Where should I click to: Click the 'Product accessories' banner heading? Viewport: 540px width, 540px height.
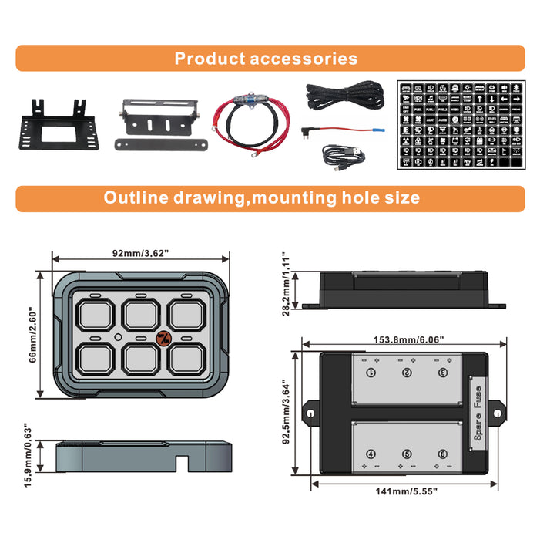click(x=266, y=59)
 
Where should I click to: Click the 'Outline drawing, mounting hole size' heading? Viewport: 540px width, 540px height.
click(x=262, y=198)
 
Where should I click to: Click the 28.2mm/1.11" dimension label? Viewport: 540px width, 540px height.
click(x=286, y=284)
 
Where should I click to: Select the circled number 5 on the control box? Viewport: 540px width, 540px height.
click(x=407, y=454)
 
